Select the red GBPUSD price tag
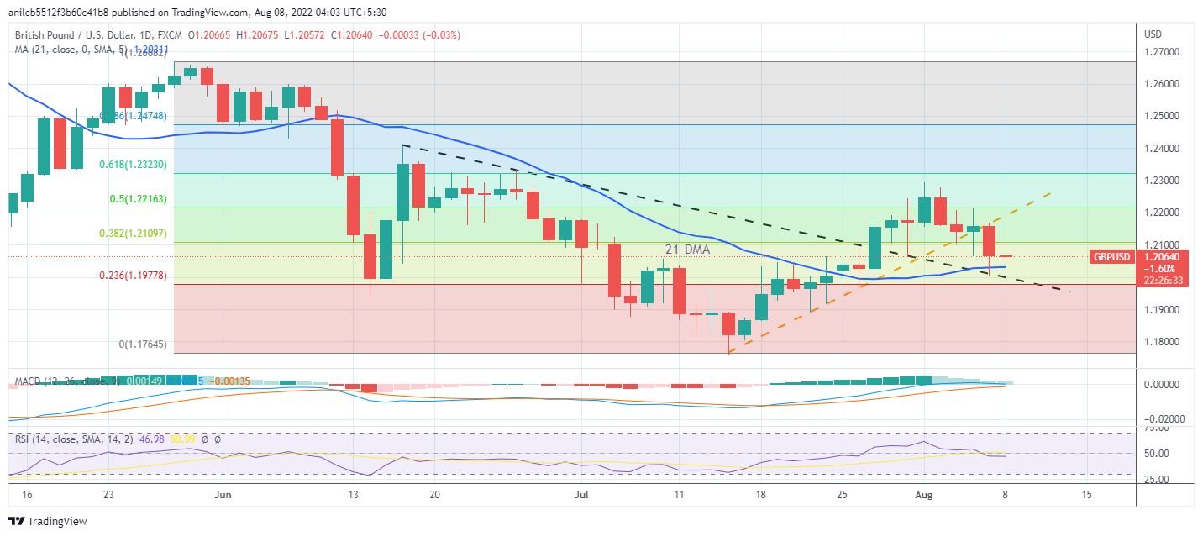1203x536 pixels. [1113, 256]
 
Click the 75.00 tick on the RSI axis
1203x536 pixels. [1158, 428]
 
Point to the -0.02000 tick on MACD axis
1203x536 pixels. [1163, 418]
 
